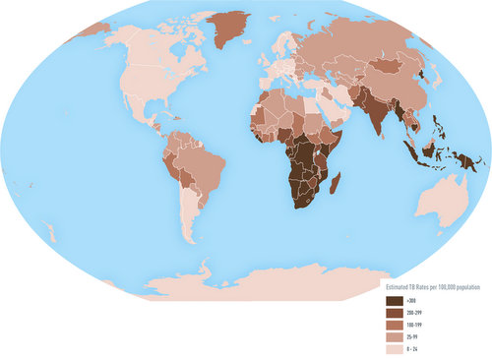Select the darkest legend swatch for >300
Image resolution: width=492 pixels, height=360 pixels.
pyautogui.click(x=395, y=300)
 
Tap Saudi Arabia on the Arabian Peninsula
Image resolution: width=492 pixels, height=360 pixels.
pyautogui.click(x=330, y=108)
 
